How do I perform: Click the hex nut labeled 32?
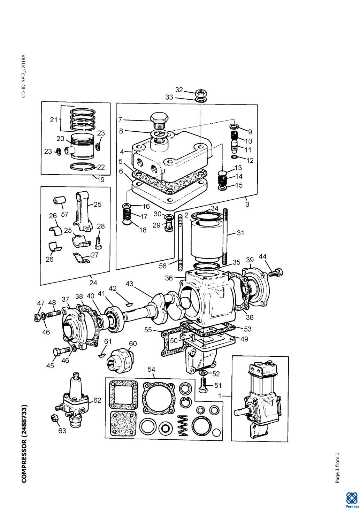tap(201, 93)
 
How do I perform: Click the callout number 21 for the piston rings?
tap(54, 119)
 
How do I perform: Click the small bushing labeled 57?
tap(60, 200)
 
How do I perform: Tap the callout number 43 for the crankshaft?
tap(129, 284)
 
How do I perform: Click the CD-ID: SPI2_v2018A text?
tap(24, 76)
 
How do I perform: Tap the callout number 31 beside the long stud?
tap(240, 233)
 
